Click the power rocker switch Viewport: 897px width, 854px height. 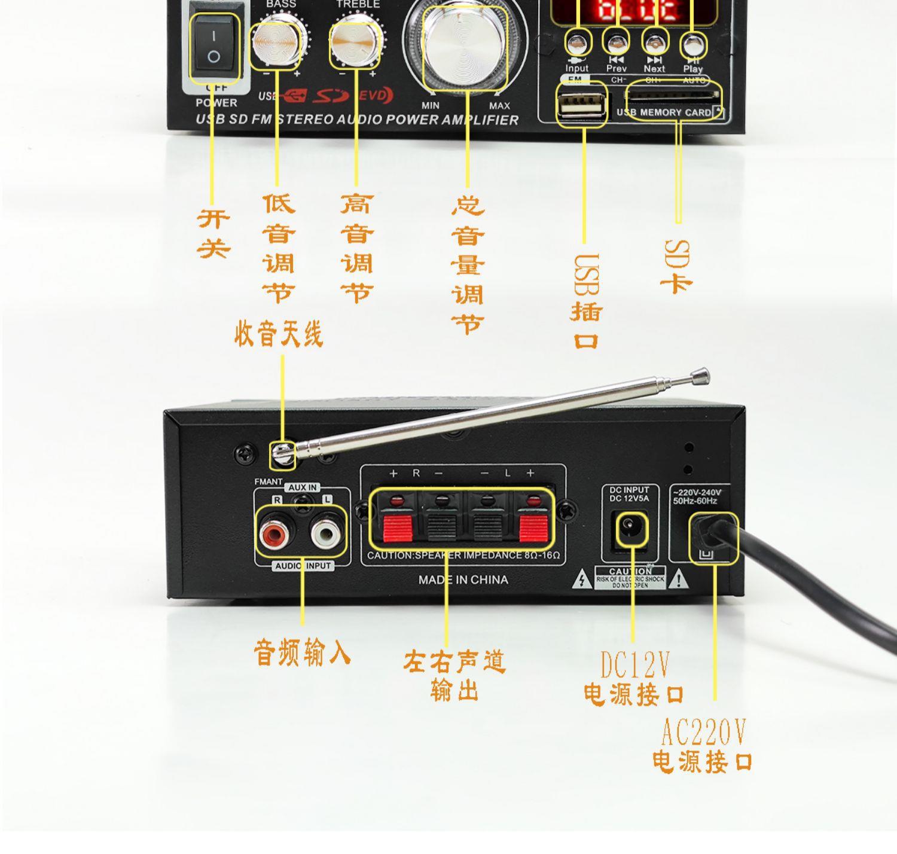[x=213, y=47]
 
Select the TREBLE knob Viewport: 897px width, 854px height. [x=355, y=43]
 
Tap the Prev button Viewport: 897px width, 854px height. [x=616, y=42]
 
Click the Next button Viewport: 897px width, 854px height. [x=654, y=43]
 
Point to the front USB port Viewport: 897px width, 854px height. [x=581, y=105]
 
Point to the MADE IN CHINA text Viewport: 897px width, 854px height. [x=463, y=579]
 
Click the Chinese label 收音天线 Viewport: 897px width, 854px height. [x=279, y=334]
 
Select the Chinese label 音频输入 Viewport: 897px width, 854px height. [x=302, y=652]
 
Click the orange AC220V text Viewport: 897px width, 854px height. [x=704, y=731]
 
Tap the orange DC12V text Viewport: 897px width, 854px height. [x=634, y=664]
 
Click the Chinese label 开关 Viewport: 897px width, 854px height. [x=213, y=234]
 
